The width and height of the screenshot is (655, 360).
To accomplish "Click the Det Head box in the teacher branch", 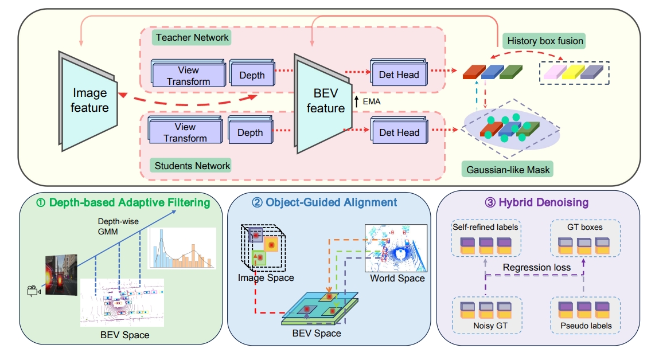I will pyautogui.click(x=399, y=74).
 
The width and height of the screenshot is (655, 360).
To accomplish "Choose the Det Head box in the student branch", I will pyautogui.click(x=399, y=132).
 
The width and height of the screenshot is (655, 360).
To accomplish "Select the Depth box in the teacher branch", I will pyautogui.click(x=251, y=75).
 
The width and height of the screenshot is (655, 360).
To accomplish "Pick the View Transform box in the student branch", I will pyautogui.click(x=185, y=132).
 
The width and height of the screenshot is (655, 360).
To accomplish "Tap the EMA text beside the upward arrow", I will pyautogui.click(x=372, y=101).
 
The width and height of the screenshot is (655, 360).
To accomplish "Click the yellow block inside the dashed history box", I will pyautogui.click(x=570, y=72).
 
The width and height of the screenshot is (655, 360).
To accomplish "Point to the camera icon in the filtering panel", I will pyautogui.click(x=33, y=291).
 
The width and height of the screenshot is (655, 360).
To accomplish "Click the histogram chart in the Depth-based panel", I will pyautogui.click(x=182, y=248).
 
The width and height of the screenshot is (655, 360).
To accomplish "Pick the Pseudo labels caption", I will pyautogui.click(x=586, y=326).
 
